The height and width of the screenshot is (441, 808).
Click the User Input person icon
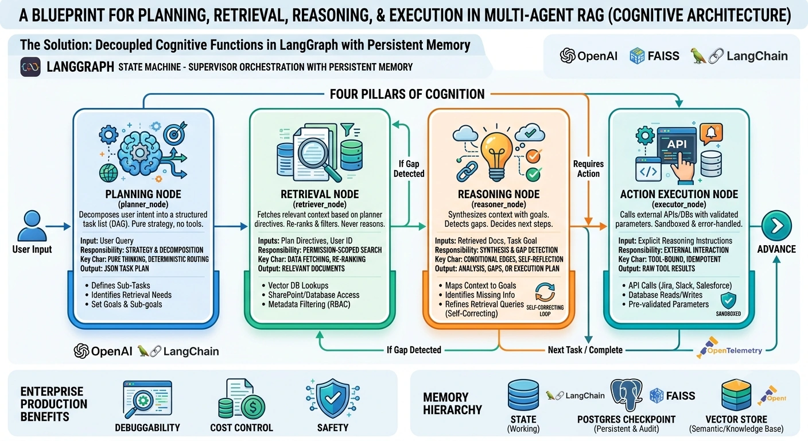[x=32, y=226]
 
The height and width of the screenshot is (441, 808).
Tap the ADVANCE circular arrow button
[x=776, y=226]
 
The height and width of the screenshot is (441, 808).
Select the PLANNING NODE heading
[x=143, y=194]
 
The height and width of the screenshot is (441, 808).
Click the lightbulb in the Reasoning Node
[x=496, y=156]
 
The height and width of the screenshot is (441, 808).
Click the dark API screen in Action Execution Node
[x=677, y=146]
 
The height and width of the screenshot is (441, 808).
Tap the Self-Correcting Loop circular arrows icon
[x=545, y=292]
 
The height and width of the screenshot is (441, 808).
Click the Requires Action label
[x=588, y=169]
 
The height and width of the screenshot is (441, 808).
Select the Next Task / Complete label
[x=585, y=350]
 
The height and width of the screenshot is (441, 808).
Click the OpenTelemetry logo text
[x=735, y=350]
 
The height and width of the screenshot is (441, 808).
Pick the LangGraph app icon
[x=30, y=67]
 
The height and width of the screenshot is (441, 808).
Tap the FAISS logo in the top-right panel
[x=654, y=56]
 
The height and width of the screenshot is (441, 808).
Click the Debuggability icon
[x=147, y=399]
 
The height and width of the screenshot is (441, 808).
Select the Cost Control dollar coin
[x=253, y=407]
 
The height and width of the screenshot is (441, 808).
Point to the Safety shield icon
[x=333, y=398]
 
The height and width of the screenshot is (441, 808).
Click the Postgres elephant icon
[x=626, y=395]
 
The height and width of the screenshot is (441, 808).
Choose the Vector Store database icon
[x=736, y=395]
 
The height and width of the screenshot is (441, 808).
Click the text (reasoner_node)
[x=499, y=204]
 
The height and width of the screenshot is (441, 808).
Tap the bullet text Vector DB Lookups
[x=298, y=285]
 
